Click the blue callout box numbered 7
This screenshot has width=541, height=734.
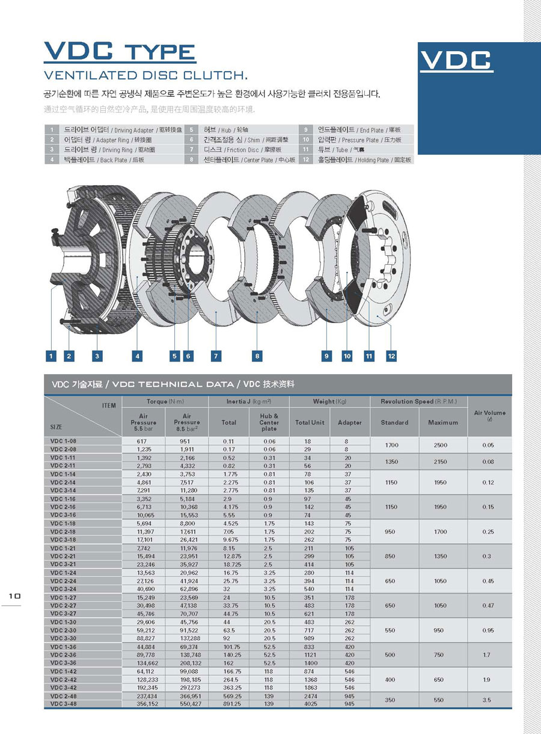pyautogui.click(x=215, y=356)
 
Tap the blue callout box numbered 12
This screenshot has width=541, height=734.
pyautogui.click(x=391, y=356)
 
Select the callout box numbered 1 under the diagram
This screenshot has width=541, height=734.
pyautogui.click(x=51, y=356)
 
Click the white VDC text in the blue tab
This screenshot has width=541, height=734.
pyautogui.click(x=456, y=60)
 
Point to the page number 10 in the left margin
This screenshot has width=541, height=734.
pyautogui.click(x=14, y=595)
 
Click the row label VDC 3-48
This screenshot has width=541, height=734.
pyautogui.click(x=63, y=703)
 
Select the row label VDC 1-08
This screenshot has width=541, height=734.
pyautogui.click(x=63, y=441)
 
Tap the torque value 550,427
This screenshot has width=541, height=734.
pyautogui.click(x=186, y=703)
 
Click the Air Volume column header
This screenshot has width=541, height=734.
pyautogui.click(x=489, y=416)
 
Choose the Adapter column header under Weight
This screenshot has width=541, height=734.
pyautogui.click(x=350, y=422)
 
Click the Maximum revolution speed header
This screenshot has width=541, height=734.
pyautogui.click(x=443, y=422)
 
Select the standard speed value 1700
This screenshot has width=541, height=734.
pyautogui.click(x=391, y=445)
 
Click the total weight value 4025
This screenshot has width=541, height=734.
pyautogui.click(x=310, y=703)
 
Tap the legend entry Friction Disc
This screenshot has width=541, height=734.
pyautogui.click(x=240, y=150)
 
